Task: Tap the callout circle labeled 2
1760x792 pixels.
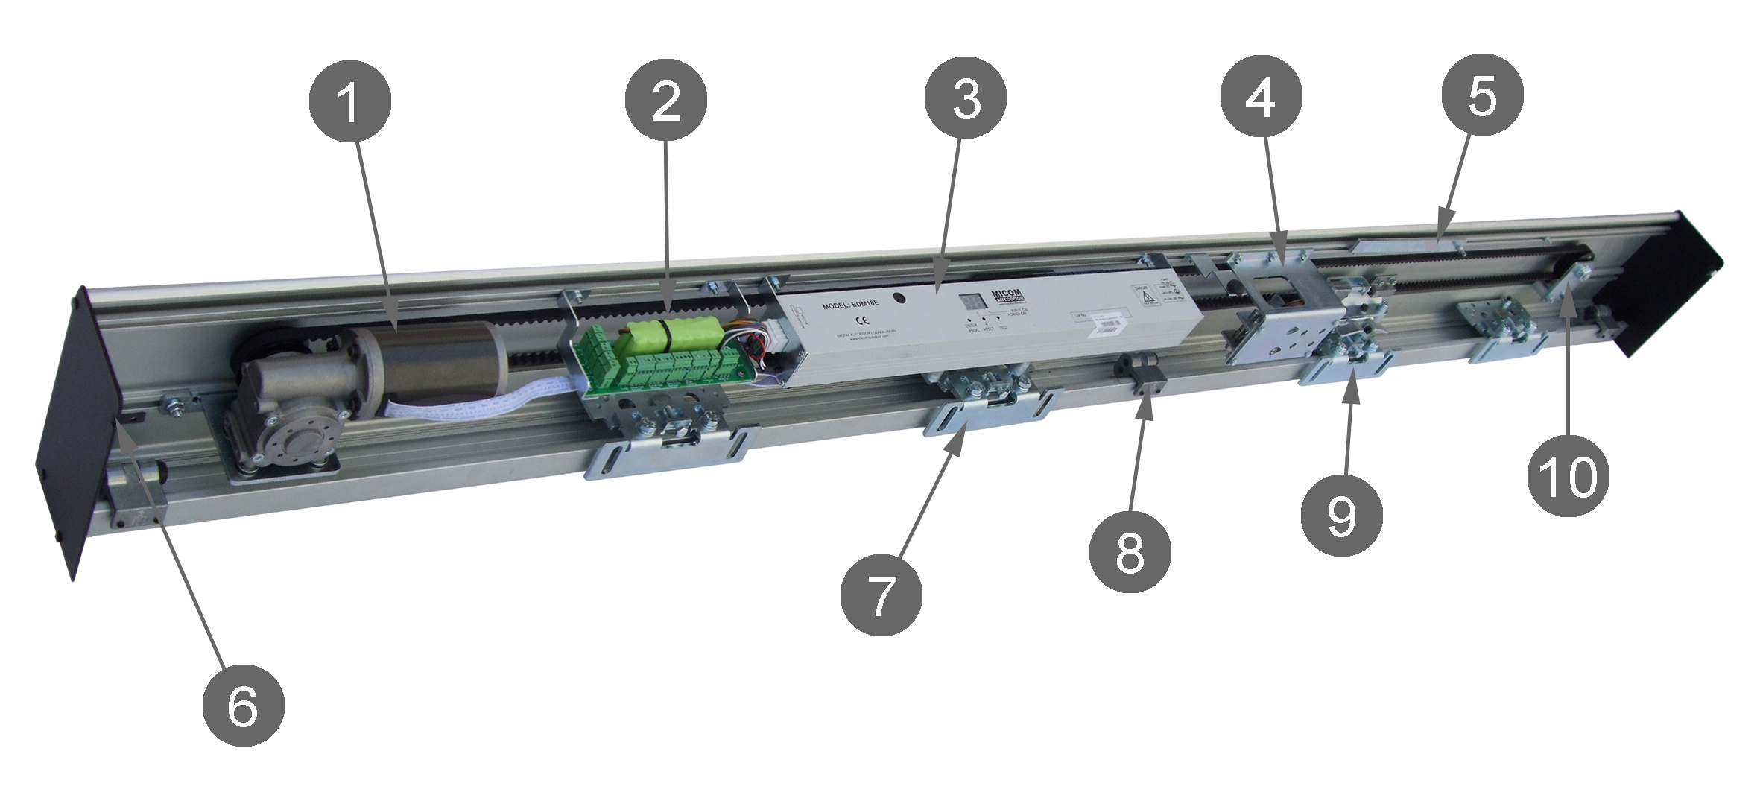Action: [x=665, y=102]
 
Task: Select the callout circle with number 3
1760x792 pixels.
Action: [x=965, y=100]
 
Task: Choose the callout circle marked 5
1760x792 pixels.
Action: [x=1482, y=95]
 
